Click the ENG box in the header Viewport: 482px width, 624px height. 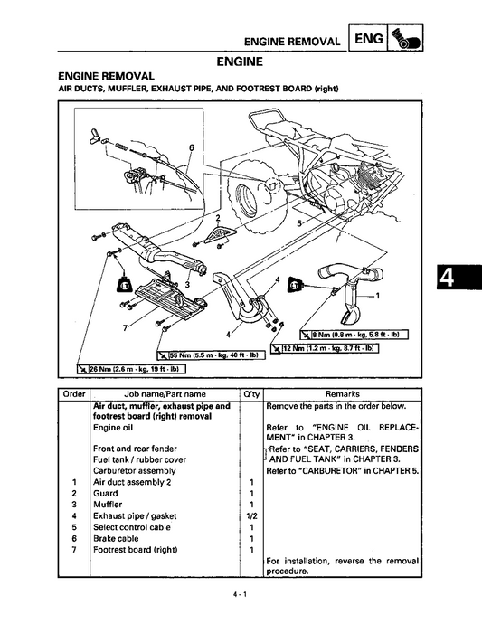pyautogui.click(x=368, y=38)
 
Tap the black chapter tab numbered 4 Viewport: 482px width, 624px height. pyautogui.click(x=458, y=277)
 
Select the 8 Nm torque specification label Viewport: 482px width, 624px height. pyautogui.click(x=354, y=335)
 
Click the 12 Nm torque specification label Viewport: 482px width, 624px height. pyautogui.click(x=325, y=348)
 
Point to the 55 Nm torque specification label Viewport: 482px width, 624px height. pyautogui.click(x=212, y=355)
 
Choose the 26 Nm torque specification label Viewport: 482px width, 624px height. pyautogui.click(x=131, y=369)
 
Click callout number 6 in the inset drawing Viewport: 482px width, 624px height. pyautogui.click(x=192, y=147)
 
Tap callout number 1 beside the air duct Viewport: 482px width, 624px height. pyautogui.click(x=378, y=296)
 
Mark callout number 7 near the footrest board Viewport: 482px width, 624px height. pyautogui.click(x=125, y=327)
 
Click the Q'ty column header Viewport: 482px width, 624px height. pyautogui.click(x=251, y=394)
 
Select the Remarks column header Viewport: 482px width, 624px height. pyautogui.click(x=343, y=394)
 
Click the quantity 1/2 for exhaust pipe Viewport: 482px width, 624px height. pyautogui.click(x=251, y=516)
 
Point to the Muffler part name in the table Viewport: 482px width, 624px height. pyautogui.click(x=108, y=505)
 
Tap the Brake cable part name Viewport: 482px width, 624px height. pyautogui.click(x=116, y=539)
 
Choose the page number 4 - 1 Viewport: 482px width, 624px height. pyautogui.click(x=241, y=595)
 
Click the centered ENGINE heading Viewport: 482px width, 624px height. pyautogui.click(x=240, y=61)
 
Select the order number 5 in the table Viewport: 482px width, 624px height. pyautogui.click(x=74, y=527)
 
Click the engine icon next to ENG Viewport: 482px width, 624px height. pyautogui.click(x=405, y=38)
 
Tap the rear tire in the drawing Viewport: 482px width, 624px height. pyautogui.click(x=255, y=194)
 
